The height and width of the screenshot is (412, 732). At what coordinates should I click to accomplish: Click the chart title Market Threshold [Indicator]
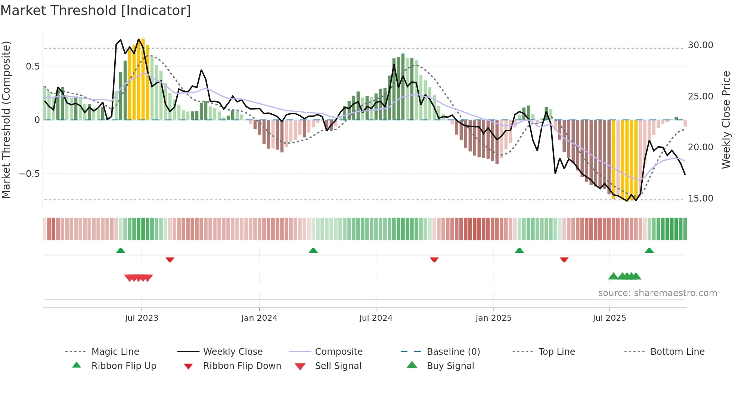(96, 10)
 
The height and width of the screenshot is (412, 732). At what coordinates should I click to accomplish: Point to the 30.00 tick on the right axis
(700, 45)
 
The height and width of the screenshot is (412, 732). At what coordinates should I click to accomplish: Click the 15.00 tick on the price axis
(700, 199)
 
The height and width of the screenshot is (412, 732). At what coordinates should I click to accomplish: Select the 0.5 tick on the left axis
(32, 67)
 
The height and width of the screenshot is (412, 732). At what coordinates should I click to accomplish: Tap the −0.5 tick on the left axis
(29, 174)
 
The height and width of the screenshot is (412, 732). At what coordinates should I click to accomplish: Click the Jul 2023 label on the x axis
(142, 318)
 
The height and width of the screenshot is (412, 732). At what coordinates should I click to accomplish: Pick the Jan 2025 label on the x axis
(493, 318)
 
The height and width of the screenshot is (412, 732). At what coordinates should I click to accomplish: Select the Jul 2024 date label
(376, 318)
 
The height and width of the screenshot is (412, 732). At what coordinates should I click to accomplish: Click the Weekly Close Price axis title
(726, 120)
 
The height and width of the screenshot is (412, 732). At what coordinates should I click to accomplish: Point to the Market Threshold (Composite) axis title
(6, 120)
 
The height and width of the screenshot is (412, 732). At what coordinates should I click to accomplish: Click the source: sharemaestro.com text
(657, 293)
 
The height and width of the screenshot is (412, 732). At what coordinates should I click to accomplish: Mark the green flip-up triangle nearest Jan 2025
(519, 250)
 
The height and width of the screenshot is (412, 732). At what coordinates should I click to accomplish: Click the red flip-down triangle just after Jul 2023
(170, 259)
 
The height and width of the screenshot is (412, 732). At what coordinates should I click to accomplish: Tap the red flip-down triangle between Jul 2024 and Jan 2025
(434, 259)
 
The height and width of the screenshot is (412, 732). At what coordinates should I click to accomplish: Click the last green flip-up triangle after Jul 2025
(649, 250)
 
